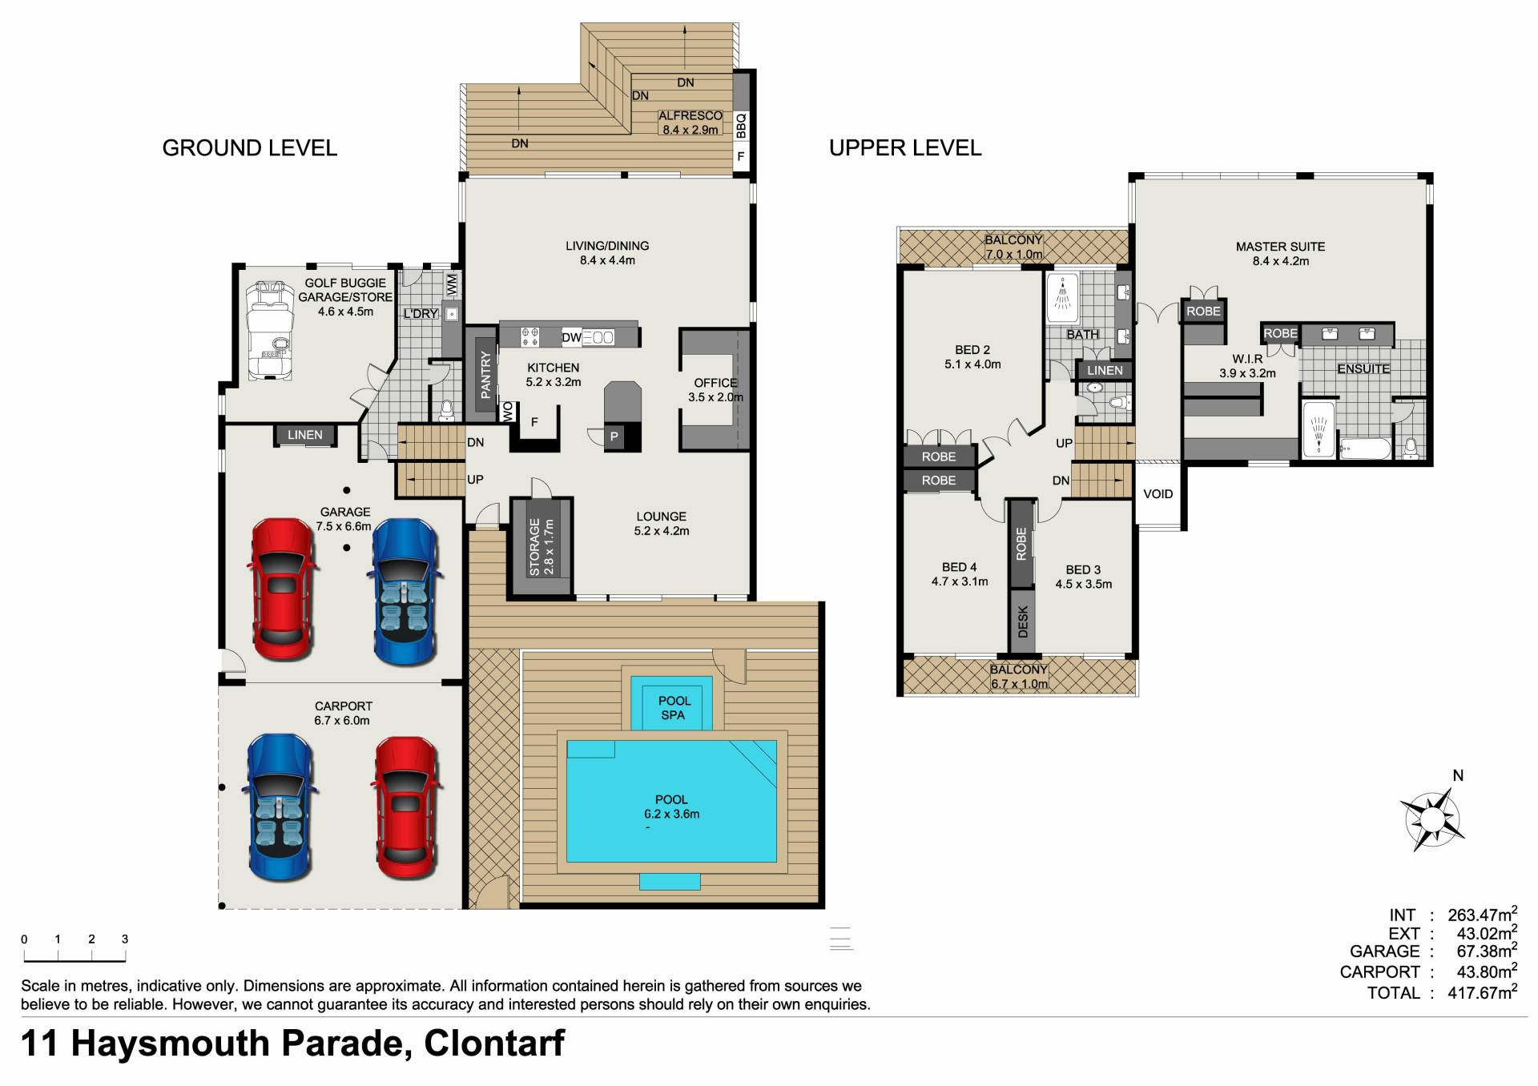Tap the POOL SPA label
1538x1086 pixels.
[674, 708]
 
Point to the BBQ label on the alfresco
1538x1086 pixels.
[741, 125]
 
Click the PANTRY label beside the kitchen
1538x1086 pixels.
[485, 375]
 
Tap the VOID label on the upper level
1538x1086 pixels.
[1158, 494]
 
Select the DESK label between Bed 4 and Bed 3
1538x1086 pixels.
[1022, 621]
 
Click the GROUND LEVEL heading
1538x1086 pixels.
[250, 148]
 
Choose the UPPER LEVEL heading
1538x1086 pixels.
[905, 148]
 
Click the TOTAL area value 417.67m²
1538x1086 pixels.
[1482, 992]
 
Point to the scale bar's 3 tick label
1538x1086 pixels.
[125, 939]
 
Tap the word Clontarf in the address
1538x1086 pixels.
[494, 1044]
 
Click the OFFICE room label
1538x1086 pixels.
[715, 383]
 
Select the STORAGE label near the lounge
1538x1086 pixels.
[534, 547]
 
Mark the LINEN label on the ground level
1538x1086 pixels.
[304, 435]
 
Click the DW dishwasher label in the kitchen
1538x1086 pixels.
[571, 338]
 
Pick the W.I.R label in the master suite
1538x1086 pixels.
[1247, 359]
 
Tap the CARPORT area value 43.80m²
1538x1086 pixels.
[1487, 971]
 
